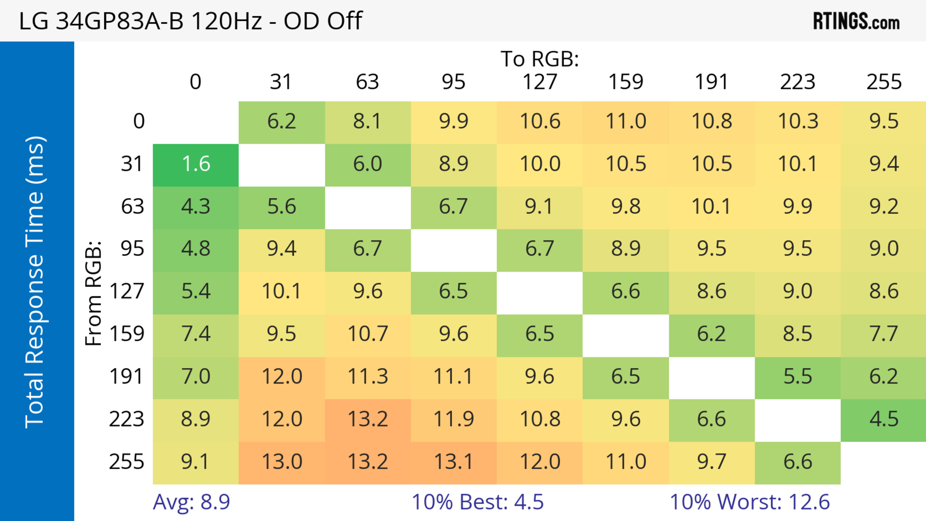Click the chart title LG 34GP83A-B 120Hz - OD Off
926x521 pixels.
(191, 21)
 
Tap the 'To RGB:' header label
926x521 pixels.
(540, 59)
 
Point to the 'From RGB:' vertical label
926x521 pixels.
(94, 293)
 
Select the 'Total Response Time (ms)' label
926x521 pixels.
(35, 282)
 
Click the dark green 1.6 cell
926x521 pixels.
(196, 164)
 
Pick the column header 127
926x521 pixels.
(540, 82)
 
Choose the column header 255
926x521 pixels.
(884, 82)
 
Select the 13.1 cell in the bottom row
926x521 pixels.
(454, 462)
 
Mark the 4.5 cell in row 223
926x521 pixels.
(884, 419)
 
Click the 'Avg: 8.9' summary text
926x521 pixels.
(191, 502)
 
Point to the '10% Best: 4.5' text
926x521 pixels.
(477, 502)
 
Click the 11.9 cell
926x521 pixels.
(454, 419)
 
